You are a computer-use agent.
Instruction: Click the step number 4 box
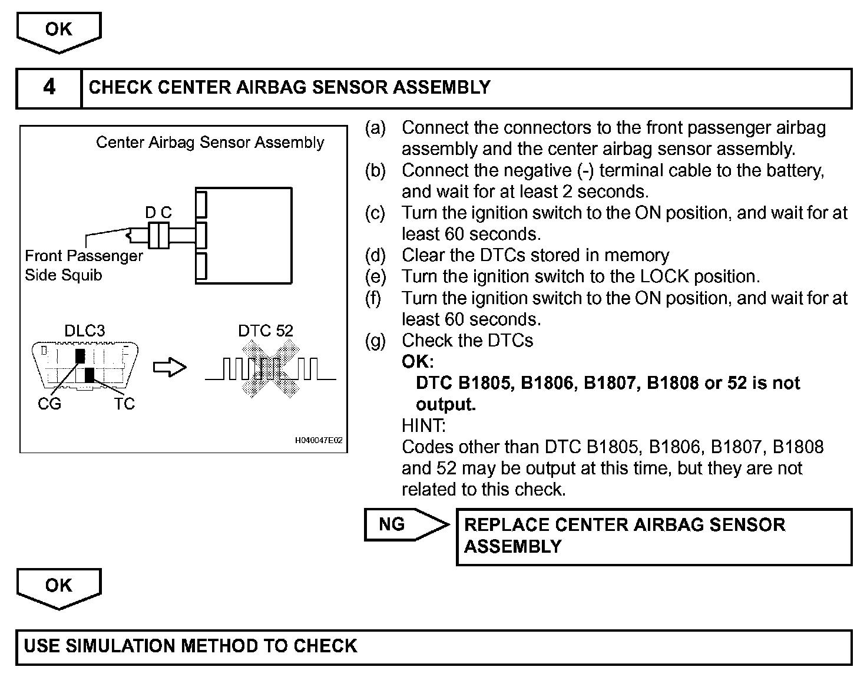[x=49, y=88]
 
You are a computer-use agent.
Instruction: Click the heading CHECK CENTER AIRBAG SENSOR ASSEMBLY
[x=289, y=88]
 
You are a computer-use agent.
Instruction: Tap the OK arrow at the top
[x=59, y=31]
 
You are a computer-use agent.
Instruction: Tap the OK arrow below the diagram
[x=59, y=587]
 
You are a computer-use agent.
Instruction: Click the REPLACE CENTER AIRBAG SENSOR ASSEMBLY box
[x=654, y=536]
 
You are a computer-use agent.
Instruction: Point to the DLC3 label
[x=85, y=331]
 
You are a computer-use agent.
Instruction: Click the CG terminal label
[x=49, y=404]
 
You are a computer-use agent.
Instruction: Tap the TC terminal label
[x=124, y=404]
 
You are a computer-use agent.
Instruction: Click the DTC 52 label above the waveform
[x=266, y=331]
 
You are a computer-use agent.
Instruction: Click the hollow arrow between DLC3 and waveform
[x=170, y=368]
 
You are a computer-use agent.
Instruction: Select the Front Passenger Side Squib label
[x=84, y=265]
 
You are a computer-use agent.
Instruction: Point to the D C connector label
[x=158, y=213]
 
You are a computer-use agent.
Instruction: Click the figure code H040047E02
[x=319, y=441]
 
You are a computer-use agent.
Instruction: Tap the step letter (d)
[x=375, y=255]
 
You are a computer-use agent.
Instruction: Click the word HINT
[x=423, y=425]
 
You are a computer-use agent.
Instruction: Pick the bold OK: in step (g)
[x=418, y=361]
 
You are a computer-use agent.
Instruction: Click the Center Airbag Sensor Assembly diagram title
[x=210, y=143]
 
